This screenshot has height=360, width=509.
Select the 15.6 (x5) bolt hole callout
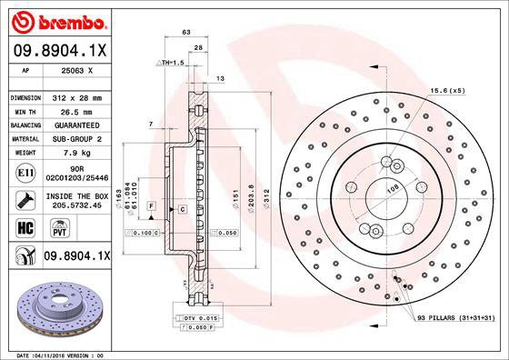[447, 91]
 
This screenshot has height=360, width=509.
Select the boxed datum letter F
[151, 208]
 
